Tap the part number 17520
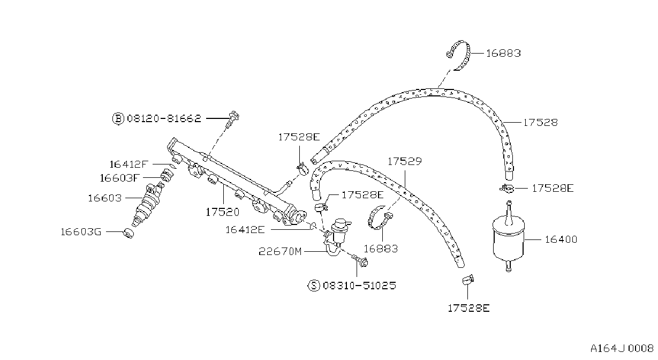[x=223, y=212]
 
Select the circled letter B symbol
[x=118, y=119]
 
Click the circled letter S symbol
[x=314, y=286]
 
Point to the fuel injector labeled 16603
[x=147, y=204]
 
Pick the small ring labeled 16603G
[x=128, y=232]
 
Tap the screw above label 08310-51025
[x=360, y=260]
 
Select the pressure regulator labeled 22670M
[x=337, y=237]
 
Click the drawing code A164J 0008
[x=622, y=348]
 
